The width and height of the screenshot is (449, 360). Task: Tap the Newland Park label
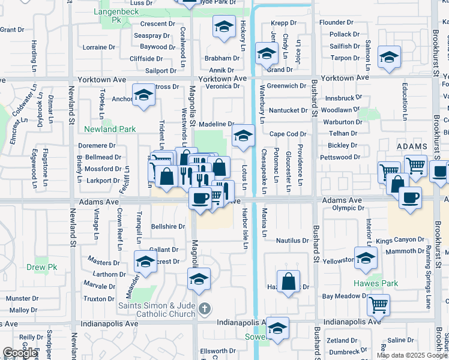tap(110, 129)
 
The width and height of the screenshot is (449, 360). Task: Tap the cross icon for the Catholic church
tap(205, 309)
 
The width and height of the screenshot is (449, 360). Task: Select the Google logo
tap(20, 353)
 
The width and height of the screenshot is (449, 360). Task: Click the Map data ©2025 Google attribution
tap(411, 355)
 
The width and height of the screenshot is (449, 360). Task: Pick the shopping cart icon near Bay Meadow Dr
tap(378, 305)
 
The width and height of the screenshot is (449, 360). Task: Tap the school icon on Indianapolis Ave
tap(277, 328)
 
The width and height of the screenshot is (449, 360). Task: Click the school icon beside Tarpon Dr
tap(389, 58)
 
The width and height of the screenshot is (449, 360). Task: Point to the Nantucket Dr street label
tap(288, 110)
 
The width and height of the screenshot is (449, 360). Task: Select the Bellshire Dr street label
tap(167, 227)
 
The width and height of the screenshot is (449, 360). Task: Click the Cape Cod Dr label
tap(288, 134)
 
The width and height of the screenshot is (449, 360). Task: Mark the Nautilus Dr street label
tap(292, 241)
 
